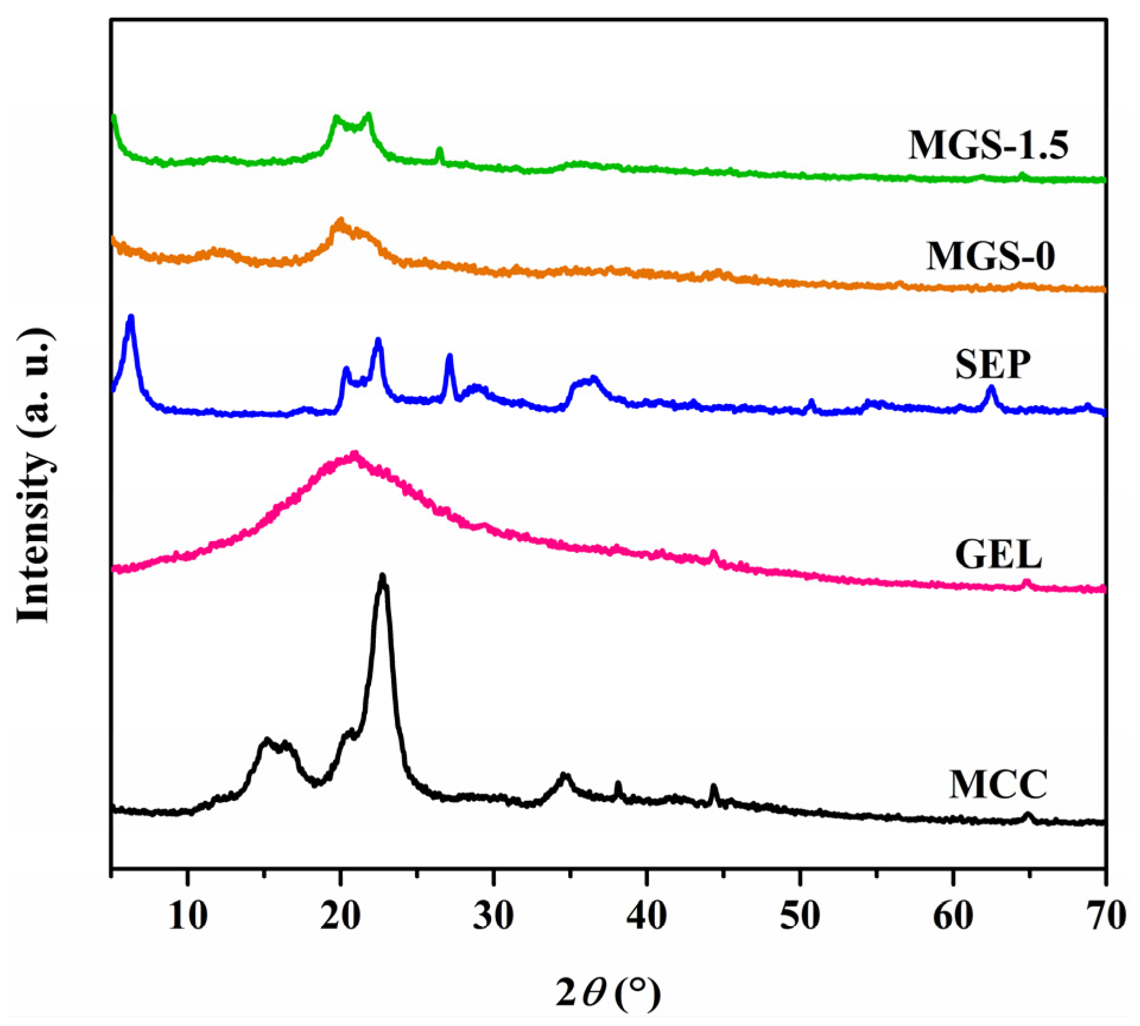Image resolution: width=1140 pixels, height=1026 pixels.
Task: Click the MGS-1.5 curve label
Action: (988, 144)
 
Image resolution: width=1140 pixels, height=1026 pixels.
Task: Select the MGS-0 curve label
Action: (991, 256)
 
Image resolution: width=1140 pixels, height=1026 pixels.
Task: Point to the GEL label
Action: (998, 554)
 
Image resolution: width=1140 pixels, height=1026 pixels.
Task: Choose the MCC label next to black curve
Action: (998, 784)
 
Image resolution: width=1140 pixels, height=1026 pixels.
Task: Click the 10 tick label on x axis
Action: (188, 915)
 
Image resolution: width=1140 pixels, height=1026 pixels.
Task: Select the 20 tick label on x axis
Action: (340, 915)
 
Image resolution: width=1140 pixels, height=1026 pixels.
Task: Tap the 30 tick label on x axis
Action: (493, 915)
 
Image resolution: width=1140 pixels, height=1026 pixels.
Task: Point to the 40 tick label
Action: (647, 915)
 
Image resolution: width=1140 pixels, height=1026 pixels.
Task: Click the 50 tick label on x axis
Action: (800, 915)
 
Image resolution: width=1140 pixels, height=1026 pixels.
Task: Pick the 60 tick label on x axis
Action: (953, 915)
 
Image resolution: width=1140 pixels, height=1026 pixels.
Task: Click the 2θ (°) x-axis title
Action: (607, 992)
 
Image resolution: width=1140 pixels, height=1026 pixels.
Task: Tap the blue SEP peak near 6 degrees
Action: (131, 318)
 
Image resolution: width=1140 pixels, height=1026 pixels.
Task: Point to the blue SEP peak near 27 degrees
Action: (449, 356)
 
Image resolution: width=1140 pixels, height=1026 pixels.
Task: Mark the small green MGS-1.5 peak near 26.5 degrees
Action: (439, 150)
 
